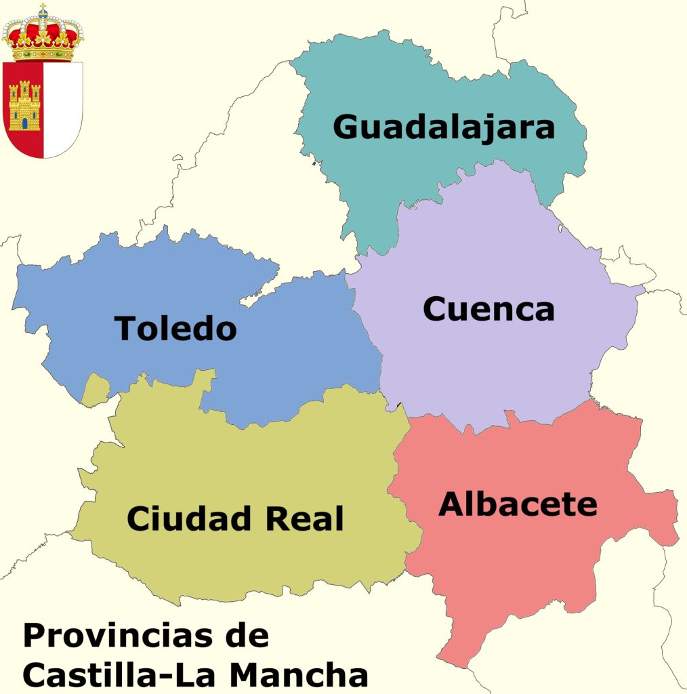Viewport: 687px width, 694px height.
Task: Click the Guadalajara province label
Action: pos(444,127)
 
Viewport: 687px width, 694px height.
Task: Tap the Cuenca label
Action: pos(488,309)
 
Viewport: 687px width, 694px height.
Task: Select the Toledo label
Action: pos(175,329)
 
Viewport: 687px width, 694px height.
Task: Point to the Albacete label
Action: pos(518,504)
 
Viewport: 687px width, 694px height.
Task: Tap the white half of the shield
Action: pos(63,108)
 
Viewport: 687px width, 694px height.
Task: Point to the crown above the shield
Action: pos(43,37)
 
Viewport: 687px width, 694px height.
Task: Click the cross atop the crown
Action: pos(43,9)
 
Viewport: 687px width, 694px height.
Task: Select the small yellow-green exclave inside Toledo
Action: pos(96,391)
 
